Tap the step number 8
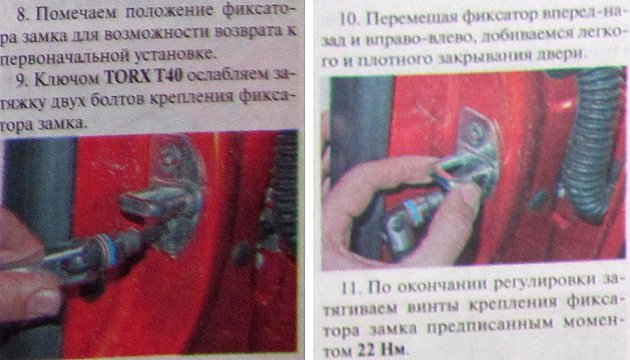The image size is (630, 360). click(30, 13)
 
